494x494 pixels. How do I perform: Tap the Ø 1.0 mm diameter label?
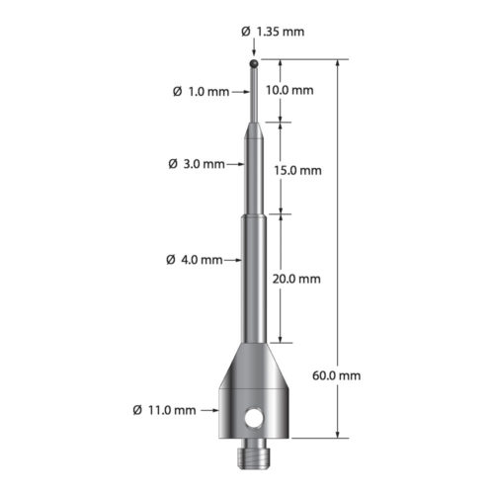click(201, 91)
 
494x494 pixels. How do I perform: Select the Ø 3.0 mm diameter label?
click(198, 164)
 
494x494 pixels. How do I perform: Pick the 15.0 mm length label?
click(299, 169)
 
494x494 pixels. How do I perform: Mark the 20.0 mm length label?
click(299, 279)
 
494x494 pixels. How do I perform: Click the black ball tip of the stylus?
click(254, 66)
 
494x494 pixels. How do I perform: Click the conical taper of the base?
click(254, 366)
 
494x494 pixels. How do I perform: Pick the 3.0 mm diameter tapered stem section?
click(254, 168)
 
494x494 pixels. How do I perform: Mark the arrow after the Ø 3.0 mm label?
click(237, 164)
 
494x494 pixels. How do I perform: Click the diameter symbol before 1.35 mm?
click(246, 32)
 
